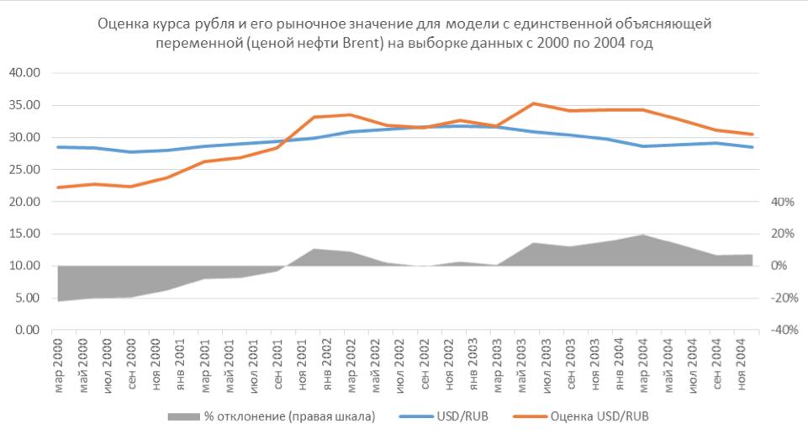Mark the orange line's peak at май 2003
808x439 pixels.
533,103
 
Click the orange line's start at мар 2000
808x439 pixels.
57,188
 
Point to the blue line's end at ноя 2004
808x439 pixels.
753,147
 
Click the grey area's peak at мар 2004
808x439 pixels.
642,235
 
